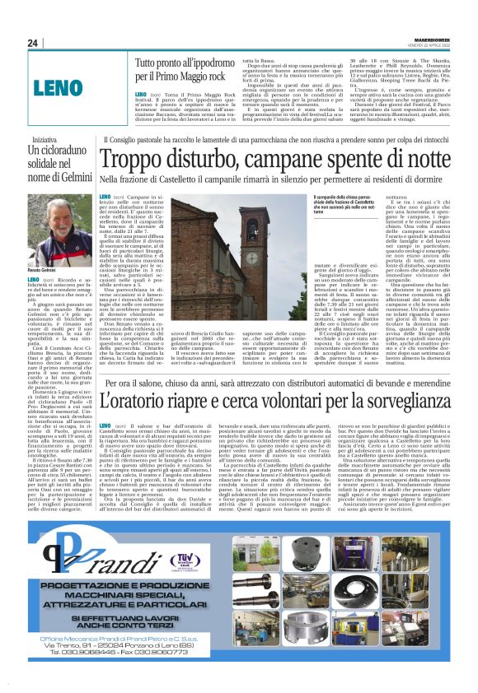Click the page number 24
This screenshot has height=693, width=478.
pyautogui.click(x=32, y=43)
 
